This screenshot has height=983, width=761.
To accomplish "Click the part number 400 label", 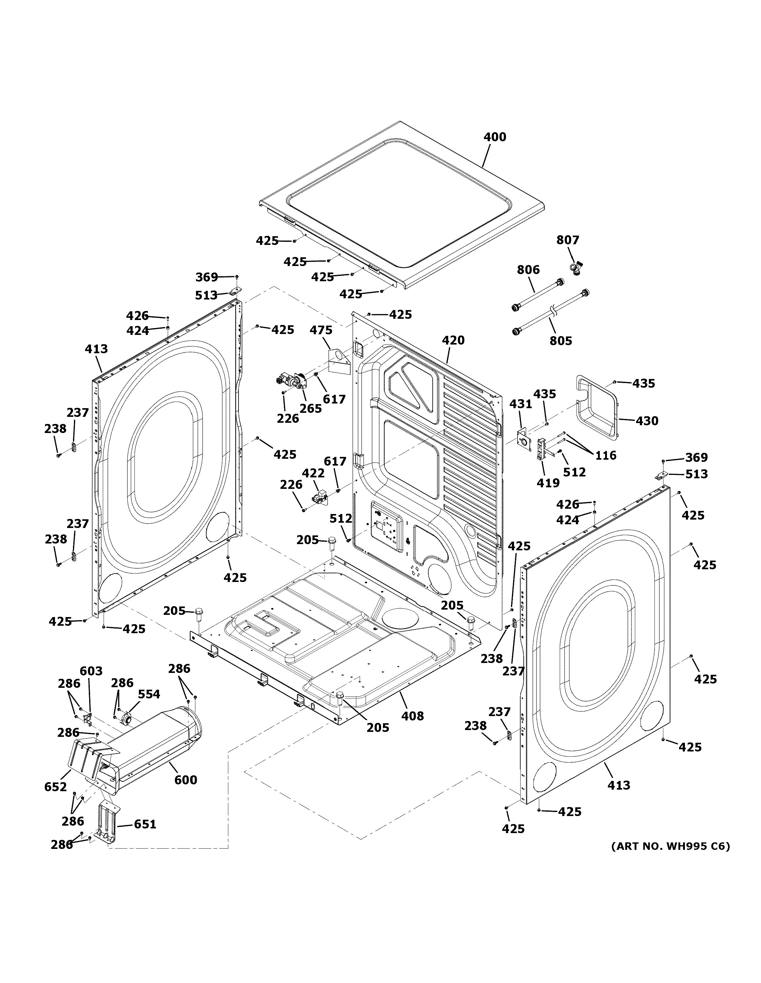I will coord(494,137).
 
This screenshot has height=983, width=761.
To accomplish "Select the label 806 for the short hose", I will coord(528,270).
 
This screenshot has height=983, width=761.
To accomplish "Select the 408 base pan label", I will coord(412,716).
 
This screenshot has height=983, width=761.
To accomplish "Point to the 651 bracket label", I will coord(145,824).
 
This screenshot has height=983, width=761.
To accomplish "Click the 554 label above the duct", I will coord(148,694).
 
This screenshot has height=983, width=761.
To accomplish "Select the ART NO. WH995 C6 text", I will coord(670,846).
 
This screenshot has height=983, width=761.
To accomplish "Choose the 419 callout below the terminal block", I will coord(548,483).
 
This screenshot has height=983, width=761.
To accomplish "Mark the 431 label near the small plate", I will coord(521,404).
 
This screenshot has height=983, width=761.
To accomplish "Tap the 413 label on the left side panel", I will coord(96,349).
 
